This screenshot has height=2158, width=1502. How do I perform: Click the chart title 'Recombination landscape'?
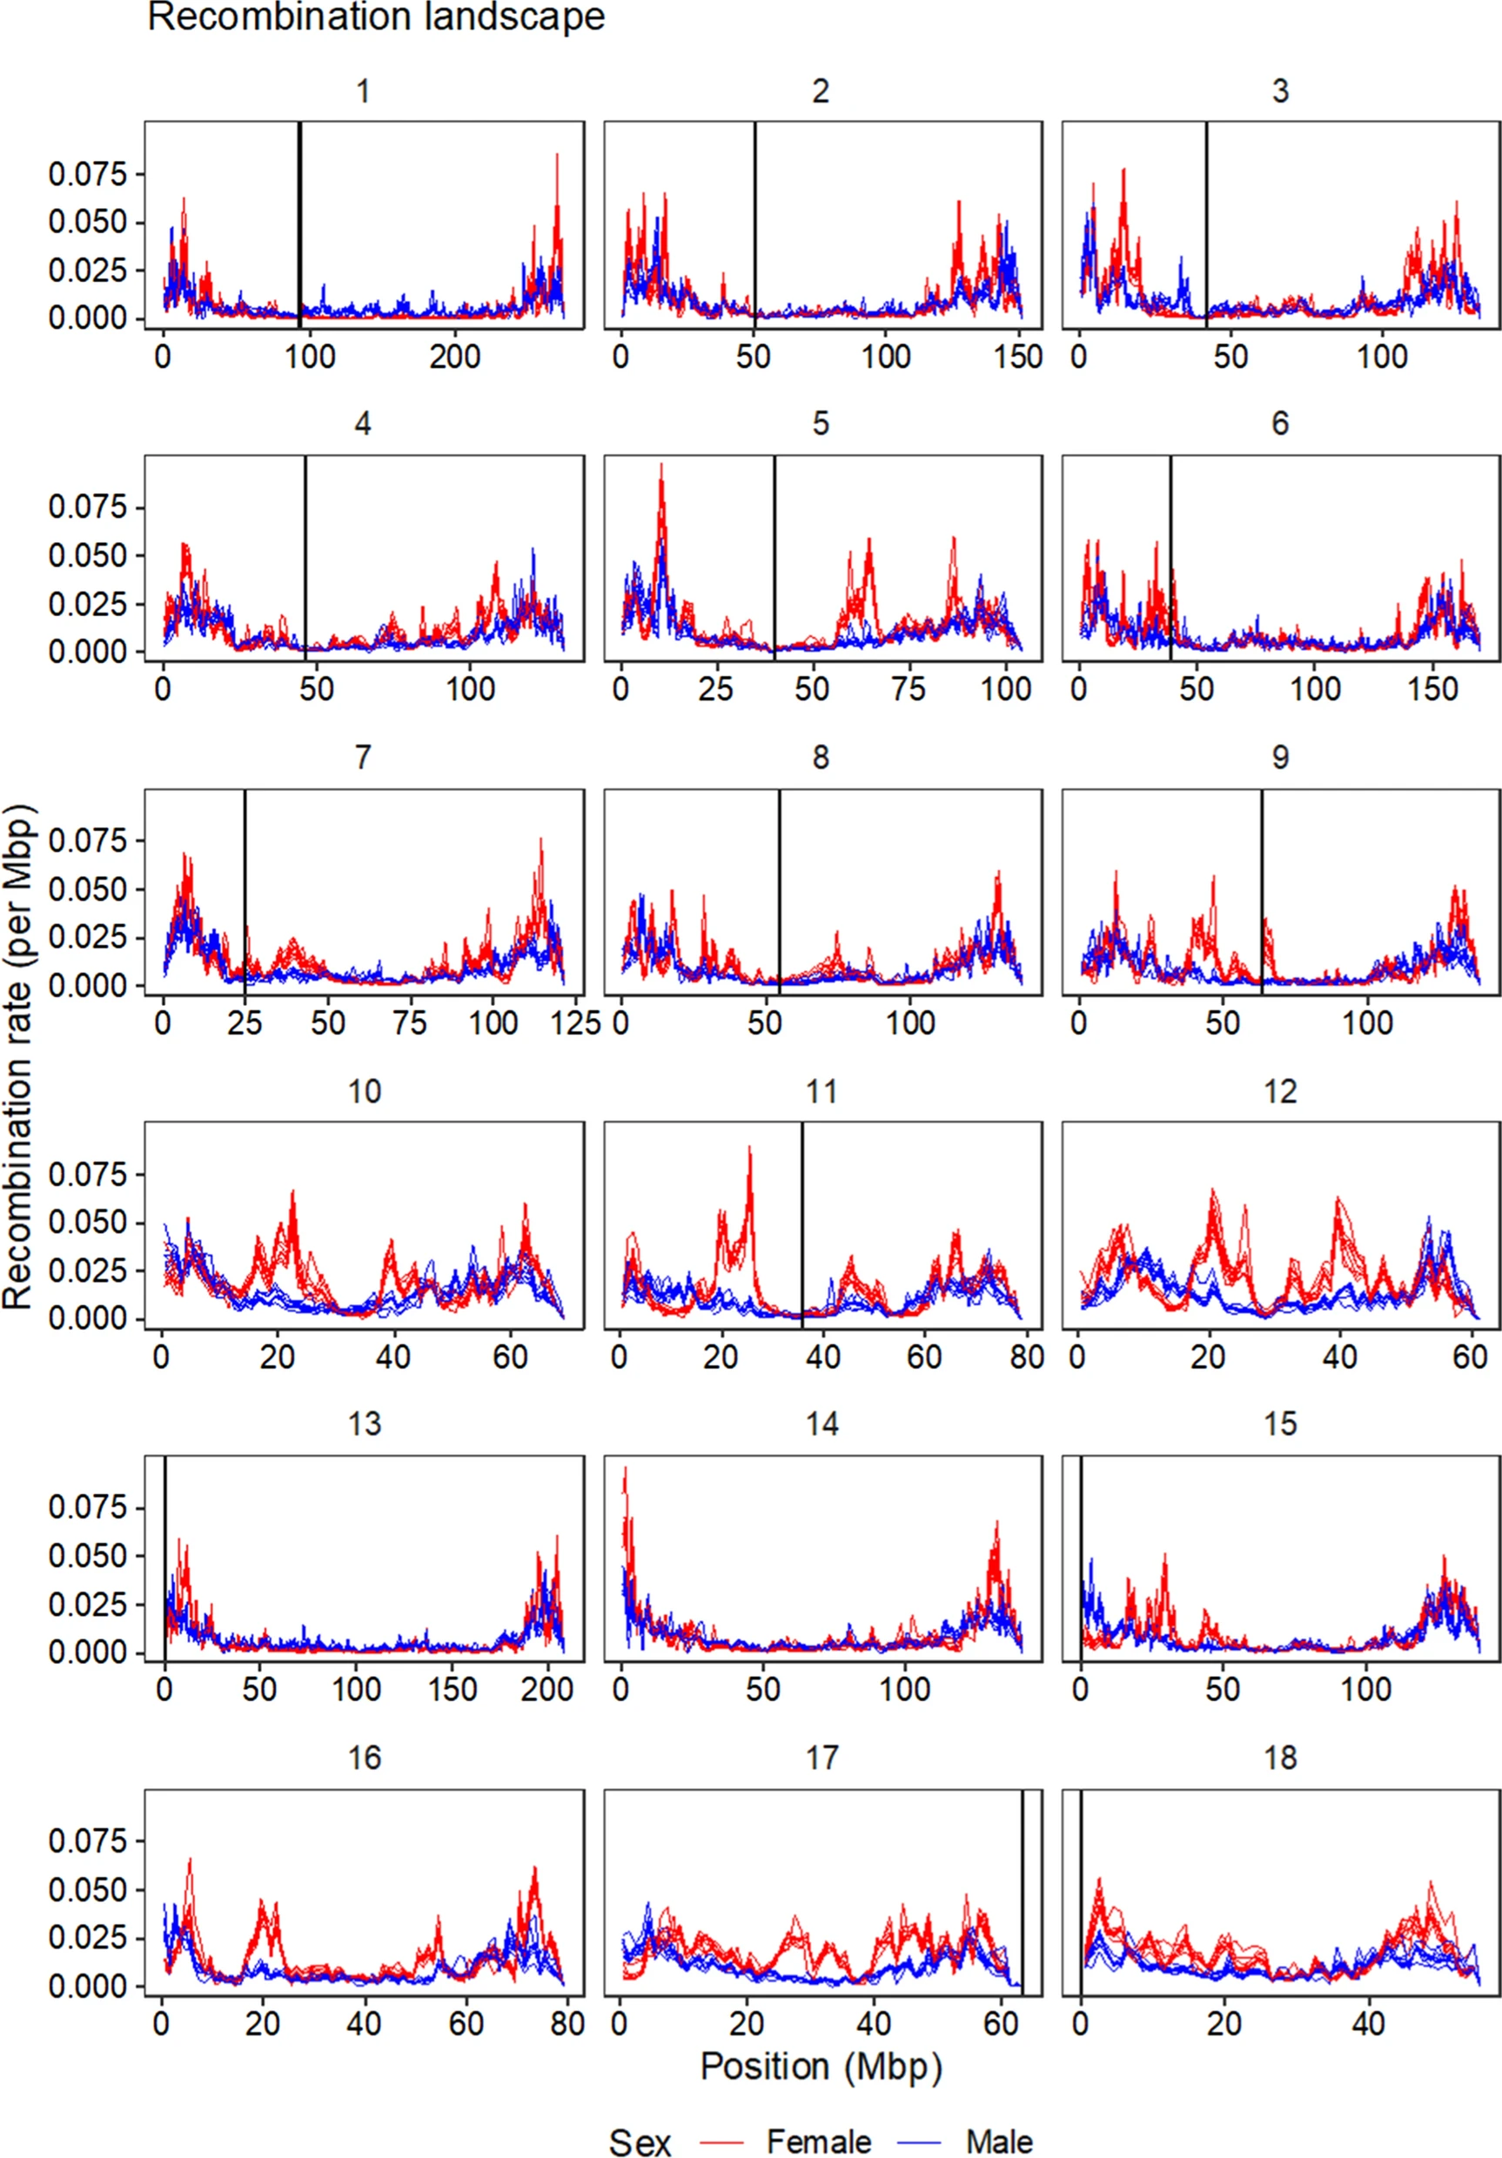(x=376, y=17)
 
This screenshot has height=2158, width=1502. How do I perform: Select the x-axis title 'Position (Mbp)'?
(x=821, y=2066)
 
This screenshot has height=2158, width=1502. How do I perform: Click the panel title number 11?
(x=821, y=1091)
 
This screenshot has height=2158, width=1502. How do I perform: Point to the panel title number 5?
(x=821, y=424)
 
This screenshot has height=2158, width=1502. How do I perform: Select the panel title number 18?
(x=1280, y=1758)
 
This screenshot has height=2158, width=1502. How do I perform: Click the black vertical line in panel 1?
(x=298, y=225)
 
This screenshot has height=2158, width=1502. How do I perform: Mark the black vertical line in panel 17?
(x=1023, y=1889)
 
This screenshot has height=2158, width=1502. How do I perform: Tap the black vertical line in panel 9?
(x=1261, y=893)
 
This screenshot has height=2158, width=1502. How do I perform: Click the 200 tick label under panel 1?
(x=455, y=357)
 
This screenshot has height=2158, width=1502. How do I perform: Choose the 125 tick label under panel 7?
(x=573, y=1022)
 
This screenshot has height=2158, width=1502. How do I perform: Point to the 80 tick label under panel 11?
(x=1026, y=1357)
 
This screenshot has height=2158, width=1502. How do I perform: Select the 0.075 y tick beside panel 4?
(x=87, y=507)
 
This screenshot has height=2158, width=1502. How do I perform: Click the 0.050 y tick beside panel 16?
(x=87, y=1889)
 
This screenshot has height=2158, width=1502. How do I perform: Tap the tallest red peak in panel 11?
(x=749, y=1148)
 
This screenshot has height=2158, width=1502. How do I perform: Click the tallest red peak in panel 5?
(x=661, y=465)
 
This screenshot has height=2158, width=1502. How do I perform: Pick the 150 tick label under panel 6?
(x=1432, y=690)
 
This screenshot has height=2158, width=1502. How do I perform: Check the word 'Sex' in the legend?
(x=640, y=2141)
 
